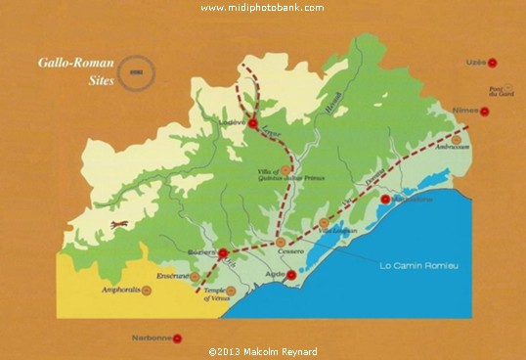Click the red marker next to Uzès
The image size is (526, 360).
click(x=493, y=62)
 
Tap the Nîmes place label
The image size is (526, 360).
click(x=465, y=110)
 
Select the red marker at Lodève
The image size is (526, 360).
click(x=252, y=124)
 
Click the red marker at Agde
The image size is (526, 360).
click(x=290, y=274)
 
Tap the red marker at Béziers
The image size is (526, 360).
click(x=222, y=252)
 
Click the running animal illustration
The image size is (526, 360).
click(x=118, y=227)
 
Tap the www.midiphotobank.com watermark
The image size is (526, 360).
click(x=262, y=8)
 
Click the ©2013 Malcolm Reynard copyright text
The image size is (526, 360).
click(x=262, y=351)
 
